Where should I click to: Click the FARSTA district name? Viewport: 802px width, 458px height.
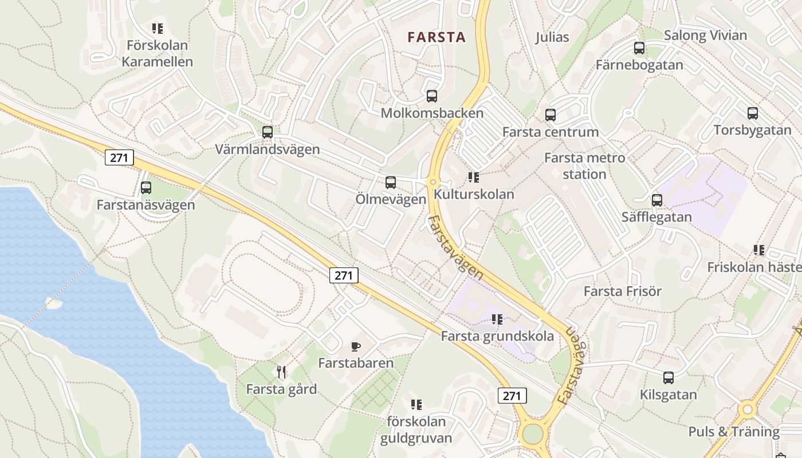point(436,38)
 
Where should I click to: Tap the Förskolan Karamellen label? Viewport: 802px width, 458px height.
point(157,53)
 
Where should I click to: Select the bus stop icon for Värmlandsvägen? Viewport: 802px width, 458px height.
point(267,132)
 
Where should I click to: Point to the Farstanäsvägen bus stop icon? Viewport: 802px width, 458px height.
point(146,187)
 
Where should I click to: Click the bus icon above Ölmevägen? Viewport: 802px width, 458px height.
point(391,183)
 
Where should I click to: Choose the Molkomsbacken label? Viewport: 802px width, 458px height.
point(432,113)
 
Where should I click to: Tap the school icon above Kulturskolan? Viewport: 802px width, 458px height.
point(473,177)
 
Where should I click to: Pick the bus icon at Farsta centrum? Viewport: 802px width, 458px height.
point(551,115)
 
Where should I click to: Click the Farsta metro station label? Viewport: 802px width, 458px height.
point(584,165)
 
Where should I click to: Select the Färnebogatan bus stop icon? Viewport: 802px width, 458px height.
point(639,48)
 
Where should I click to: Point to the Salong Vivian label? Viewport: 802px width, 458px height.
point(705,35)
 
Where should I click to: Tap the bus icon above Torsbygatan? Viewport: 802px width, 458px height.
point(753,113)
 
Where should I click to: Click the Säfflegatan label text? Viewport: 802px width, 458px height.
point(656,218)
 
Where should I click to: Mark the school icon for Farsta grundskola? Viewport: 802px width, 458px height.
point(497,319)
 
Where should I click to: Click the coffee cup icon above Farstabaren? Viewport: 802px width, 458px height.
point(356,346)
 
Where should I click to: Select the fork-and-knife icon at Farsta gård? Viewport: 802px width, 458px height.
point(281,372)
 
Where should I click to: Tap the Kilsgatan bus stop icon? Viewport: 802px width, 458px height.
point(669,378)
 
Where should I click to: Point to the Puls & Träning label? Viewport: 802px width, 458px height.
point(734,432)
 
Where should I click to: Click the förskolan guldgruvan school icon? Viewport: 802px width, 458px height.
point(416,405)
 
